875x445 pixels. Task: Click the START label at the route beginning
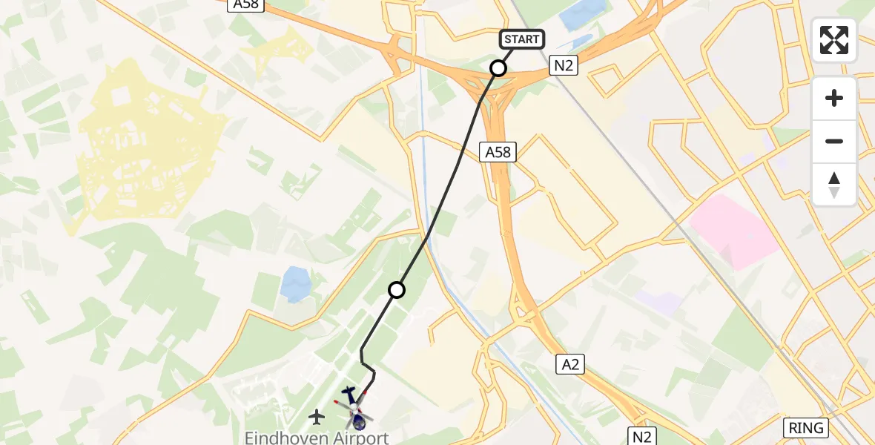[523, 39]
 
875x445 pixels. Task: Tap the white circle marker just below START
[498, 68]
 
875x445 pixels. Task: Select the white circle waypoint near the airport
[397, 289]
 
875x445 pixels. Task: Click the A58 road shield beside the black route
[498, 152]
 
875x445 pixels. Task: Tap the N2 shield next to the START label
[563, 66]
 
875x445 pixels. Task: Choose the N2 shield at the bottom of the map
[641, 435]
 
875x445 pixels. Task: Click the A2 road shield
[570, 363]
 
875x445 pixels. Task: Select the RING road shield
[806, 428]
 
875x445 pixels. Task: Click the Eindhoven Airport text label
[317, 438]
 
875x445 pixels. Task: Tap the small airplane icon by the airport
[317, 417]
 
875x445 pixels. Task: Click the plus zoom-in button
[834, 98]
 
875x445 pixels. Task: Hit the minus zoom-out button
[834, 141]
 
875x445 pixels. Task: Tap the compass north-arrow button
[834, 185]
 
